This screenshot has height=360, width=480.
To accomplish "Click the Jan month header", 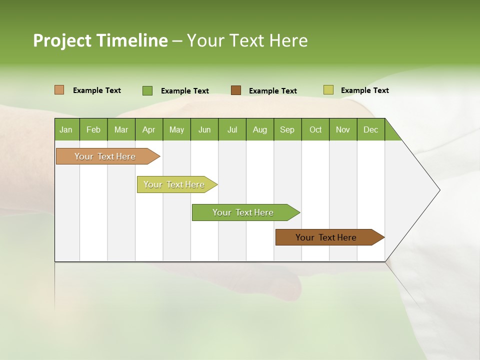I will [x=66, y=129].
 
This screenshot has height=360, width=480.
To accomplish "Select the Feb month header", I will [x=93, y=129].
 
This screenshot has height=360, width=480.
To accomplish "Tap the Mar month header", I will [x=121, y=129].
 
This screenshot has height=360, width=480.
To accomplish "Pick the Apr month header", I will [x=149, y=129].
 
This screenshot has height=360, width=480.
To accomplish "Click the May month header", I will [x=176, y=129].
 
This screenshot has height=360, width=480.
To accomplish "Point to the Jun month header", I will [x=204, y=129].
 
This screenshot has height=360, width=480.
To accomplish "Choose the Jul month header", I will [x=232, y=129].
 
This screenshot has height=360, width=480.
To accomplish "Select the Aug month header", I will [x=260, y=129].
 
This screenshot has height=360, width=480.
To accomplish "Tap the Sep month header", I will [x=287, y=129].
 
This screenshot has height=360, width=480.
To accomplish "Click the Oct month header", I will [x=315, y=129].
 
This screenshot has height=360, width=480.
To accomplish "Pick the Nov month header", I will [x=343, y=129].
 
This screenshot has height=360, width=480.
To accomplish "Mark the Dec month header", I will [x=371, y=129].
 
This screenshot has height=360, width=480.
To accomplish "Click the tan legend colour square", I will [x=59, y=90].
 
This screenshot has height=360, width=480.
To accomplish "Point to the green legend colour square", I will [x=147, y=90].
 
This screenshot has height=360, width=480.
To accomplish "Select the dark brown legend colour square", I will [x=236, y=90].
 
